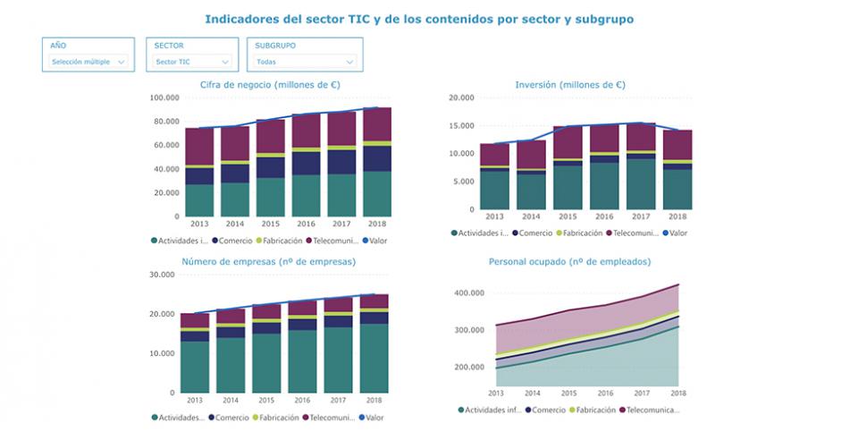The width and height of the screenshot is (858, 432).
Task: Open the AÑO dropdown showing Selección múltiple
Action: (88, 62)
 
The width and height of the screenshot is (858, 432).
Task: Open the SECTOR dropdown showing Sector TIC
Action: (191, 62)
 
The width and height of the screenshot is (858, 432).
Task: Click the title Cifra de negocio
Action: (269, 85)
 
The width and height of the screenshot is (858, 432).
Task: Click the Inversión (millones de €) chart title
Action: (569, 85)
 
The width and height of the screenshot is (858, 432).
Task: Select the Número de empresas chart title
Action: (268, 262)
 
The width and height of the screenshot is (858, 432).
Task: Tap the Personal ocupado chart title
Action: (569, 262)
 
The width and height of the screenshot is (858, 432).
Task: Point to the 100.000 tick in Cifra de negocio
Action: (164, 98)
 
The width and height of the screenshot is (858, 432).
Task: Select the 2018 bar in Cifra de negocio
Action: (376, 161)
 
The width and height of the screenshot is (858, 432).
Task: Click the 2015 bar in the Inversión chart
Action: (568, 166)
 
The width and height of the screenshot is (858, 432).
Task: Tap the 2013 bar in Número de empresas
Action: (194, 352)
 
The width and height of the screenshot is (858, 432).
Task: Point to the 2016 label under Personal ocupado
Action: (605, 393)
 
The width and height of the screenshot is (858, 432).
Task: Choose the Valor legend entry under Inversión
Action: (676, 233)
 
